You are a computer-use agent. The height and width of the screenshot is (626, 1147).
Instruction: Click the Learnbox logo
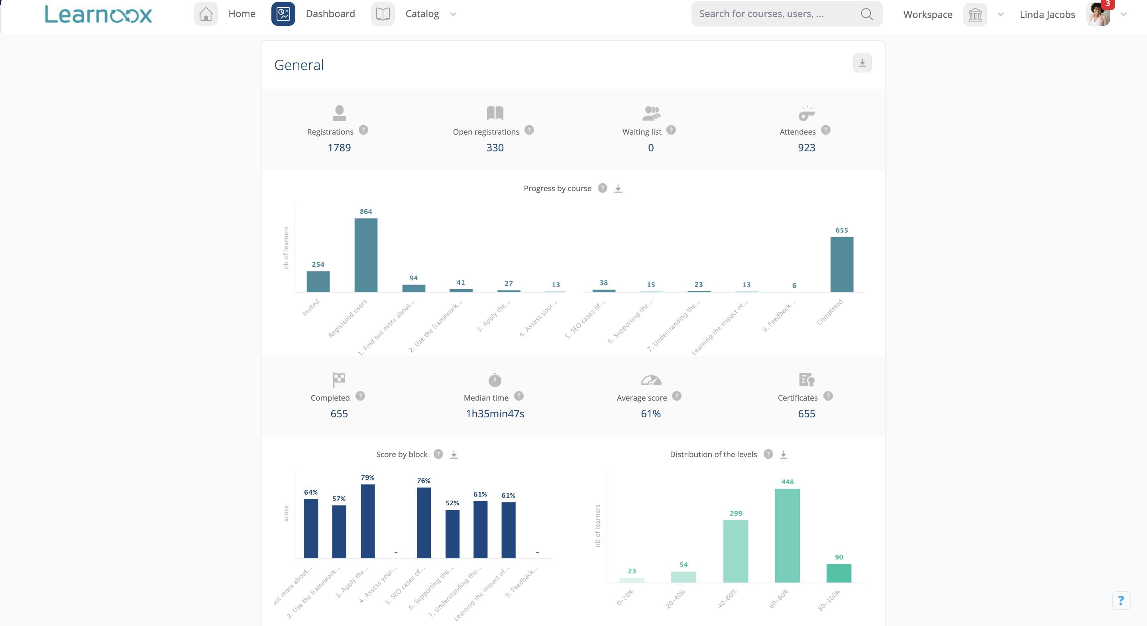pyautogui.click(x=98, y=14)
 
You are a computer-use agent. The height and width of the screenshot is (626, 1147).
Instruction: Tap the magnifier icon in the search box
pyautogui.click(x=866, y=14)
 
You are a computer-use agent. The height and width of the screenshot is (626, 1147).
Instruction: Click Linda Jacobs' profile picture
pyautogui.click(x=1098, y=15)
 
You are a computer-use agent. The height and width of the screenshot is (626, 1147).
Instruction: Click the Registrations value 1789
pyautogui.click(x=339, y=148)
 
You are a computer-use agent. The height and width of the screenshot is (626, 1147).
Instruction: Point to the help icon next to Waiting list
pyautogui.click(x=671, y=130)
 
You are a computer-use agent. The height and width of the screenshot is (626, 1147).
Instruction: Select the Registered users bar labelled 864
pyautogui.click(x=366, y=255)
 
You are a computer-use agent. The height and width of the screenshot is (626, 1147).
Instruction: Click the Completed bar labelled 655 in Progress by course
pyautogui.click(x=842, y=264)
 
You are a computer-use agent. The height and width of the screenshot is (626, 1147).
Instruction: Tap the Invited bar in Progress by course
pyautogui.click(x=318, y=282)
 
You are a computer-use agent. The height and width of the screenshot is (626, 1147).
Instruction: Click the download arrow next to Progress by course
pyautogui.click(x=618, y=189)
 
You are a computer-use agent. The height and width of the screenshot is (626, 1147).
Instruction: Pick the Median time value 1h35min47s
pyautogui.click(x=495, y=414)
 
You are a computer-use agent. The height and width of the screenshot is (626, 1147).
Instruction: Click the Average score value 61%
pyautogui.click(x=650, y=414)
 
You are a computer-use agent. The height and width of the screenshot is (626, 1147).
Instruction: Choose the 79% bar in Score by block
pyautogui.click(x=368, y=521)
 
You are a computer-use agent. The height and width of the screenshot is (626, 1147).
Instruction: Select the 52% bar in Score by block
pyautogui.click(x=452, y=534)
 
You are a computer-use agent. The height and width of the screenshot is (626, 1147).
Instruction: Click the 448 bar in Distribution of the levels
pyautogui.click(x=787, y=536)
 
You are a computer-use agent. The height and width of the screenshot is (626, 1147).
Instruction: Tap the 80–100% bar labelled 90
pyautogui.click(x=839, y=573)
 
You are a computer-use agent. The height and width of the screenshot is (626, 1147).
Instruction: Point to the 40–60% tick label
pyautogui.click(x=728, y=599)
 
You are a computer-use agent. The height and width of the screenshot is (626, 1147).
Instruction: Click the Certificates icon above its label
pyautogui.click(x=806, y=380)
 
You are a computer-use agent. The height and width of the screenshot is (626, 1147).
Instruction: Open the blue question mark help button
pyautogui.click(x=1121, y=601)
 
